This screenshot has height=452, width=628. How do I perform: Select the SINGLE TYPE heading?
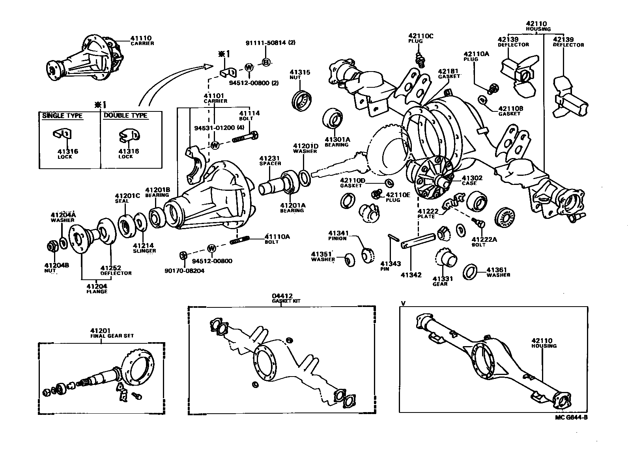click(x=62, y=116)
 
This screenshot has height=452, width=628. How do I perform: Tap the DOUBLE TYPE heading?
click(x=125, y=116)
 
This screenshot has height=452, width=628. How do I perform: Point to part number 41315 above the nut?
click(x=300, y=72)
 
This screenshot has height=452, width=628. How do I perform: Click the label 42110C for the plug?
click(x=421, y=36)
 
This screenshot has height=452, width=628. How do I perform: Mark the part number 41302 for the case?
click(x=472, y=178)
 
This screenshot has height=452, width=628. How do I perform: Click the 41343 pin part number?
click(x=391, y=264)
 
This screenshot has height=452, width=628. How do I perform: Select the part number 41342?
click(x=411, y=275)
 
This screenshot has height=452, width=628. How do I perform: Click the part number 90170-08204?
click(x=185, y=271)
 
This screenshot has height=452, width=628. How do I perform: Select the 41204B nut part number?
click(x=57, y=265)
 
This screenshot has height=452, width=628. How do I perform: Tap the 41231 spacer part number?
click(x=270, y=158)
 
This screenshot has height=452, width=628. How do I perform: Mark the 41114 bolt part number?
click(x=249, y=113)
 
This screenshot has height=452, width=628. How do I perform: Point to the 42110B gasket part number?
click(x=510, y=108)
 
